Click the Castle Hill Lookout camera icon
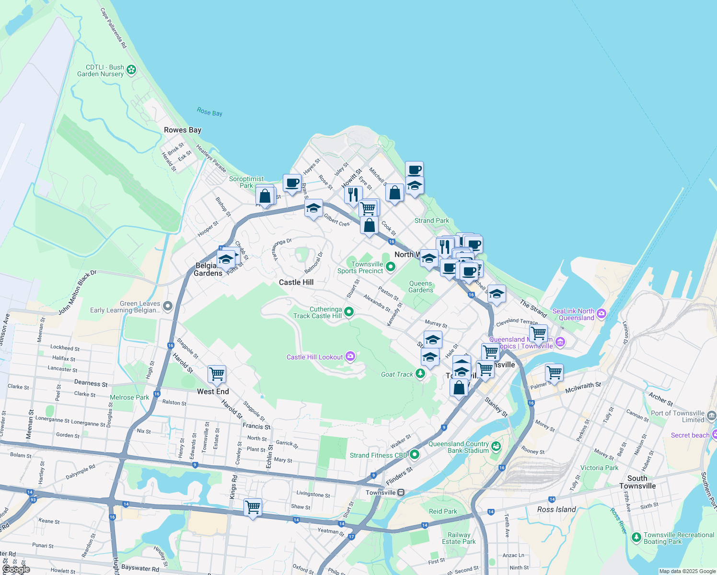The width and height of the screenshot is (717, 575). (x=350, y=356)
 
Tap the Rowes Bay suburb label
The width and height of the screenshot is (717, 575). (x=183, y=130)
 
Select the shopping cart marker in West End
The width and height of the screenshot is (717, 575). (x=217, y=374)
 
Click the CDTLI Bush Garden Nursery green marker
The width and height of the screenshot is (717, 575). (x=131, y=70)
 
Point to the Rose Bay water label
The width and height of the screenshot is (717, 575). (x=209, y=112)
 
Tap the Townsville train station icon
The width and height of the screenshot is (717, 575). (x=401, y=493)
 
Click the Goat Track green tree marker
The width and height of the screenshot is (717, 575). (x=420, y=373)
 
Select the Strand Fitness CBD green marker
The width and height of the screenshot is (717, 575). (x=415, y=454)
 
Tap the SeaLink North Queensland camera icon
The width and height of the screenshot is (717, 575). (x=601, y=313)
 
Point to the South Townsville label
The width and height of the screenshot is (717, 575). (x=637, y=482)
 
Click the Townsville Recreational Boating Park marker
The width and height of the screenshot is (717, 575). (x=636, y=538)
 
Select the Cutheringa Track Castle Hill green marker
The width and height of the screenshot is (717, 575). (x=349, y=312)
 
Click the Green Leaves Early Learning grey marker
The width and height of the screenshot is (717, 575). (x=168, y=306)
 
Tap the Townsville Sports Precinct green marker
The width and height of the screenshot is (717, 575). (x=390, y=266)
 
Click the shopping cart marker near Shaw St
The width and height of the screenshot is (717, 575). (x=253, y=506)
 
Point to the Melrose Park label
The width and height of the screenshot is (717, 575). (x=129, y=397)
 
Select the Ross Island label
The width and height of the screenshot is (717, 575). (x=556, y=509)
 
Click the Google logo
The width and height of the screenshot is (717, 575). (x=16, y=569)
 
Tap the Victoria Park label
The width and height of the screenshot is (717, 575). (x=599, y=468)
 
